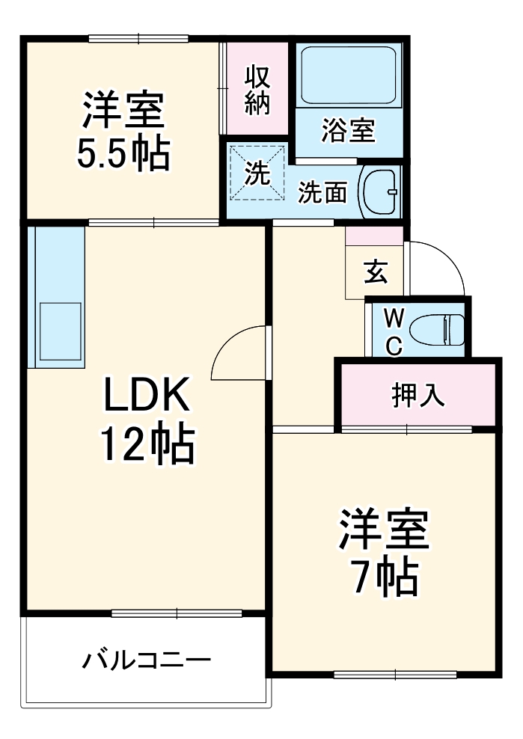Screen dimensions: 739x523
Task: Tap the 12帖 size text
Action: [x=147, y=446]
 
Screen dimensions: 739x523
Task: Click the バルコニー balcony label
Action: [x=147, y=660]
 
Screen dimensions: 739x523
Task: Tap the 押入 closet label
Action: [x=419, y=395]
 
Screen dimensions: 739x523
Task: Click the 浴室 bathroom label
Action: [x=348, y=132]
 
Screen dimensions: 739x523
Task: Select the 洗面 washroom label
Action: [x=323, y=192]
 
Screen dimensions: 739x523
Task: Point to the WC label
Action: [x=394, y=331]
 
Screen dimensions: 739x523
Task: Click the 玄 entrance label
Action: [x=375, y=273]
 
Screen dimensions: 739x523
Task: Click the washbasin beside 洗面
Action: [x=379, y=191]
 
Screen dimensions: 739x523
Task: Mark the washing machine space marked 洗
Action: [x=257, y=174]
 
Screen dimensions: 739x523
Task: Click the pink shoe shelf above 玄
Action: [x=374, y=234]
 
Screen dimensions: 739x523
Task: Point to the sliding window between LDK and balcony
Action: [x=177, y=613]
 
